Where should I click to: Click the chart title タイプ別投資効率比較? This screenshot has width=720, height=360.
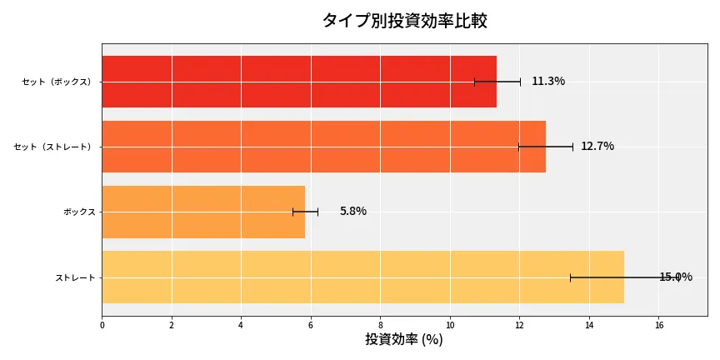pyautogui.click(x=404, y=21)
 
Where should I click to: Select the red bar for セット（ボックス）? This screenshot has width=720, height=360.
pyautogui.click(x=298, y=82)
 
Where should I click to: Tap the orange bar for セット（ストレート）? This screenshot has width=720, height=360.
pyautogui.click(x=323, y=147)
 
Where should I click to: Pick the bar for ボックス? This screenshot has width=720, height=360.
pyautogui.click(x=203, y=212)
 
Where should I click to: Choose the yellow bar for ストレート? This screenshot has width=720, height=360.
pyautogui.click(x=362, y=277)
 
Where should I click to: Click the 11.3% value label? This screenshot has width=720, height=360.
pyautogui.click(x=548, y=82)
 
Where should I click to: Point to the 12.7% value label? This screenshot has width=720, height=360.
pyautogui.click(x=597, y=147)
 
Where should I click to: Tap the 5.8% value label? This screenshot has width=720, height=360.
pyautogui.click(x=352, y=212)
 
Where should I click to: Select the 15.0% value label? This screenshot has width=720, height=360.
pyautogui.click(x=675, y=277)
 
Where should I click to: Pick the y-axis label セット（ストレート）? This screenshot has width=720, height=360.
pyautogui.click(x=55, y=147)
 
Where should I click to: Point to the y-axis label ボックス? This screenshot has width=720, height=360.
pyautogui.click(x=79, y=212)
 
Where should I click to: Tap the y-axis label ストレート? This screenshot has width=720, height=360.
pyautogui.click(x=75, y=277)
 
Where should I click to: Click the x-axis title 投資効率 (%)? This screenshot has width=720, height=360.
pyautogui.click(x=404, y=340)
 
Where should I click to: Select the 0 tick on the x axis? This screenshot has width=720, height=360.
pyautogui.click(x=102, y=325)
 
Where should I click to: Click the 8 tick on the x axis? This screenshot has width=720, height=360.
pyautogui.click(x=381, y=325)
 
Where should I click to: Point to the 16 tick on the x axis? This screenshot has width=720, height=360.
pyautogui.click(x=659, y=325)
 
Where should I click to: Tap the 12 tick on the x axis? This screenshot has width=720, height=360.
pyautogui.click(x=520, y=325)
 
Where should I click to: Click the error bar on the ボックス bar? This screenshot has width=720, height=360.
pyautogui.click(x=305, y=212)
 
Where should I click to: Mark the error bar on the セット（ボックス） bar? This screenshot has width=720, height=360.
pyautogui.click(x=497, y=82)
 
